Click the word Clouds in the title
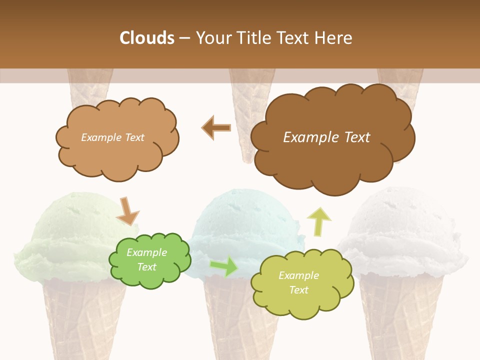(147, 38)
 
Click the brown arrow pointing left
(216, 127)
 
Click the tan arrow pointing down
(128, 211)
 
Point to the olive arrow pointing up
(318, 221)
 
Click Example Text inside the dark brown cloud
(326, 137)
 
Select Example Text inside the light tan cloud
(112, 137)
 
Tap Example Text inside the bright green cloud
(146, 259)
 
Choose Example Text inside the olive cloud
(298, 282)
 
